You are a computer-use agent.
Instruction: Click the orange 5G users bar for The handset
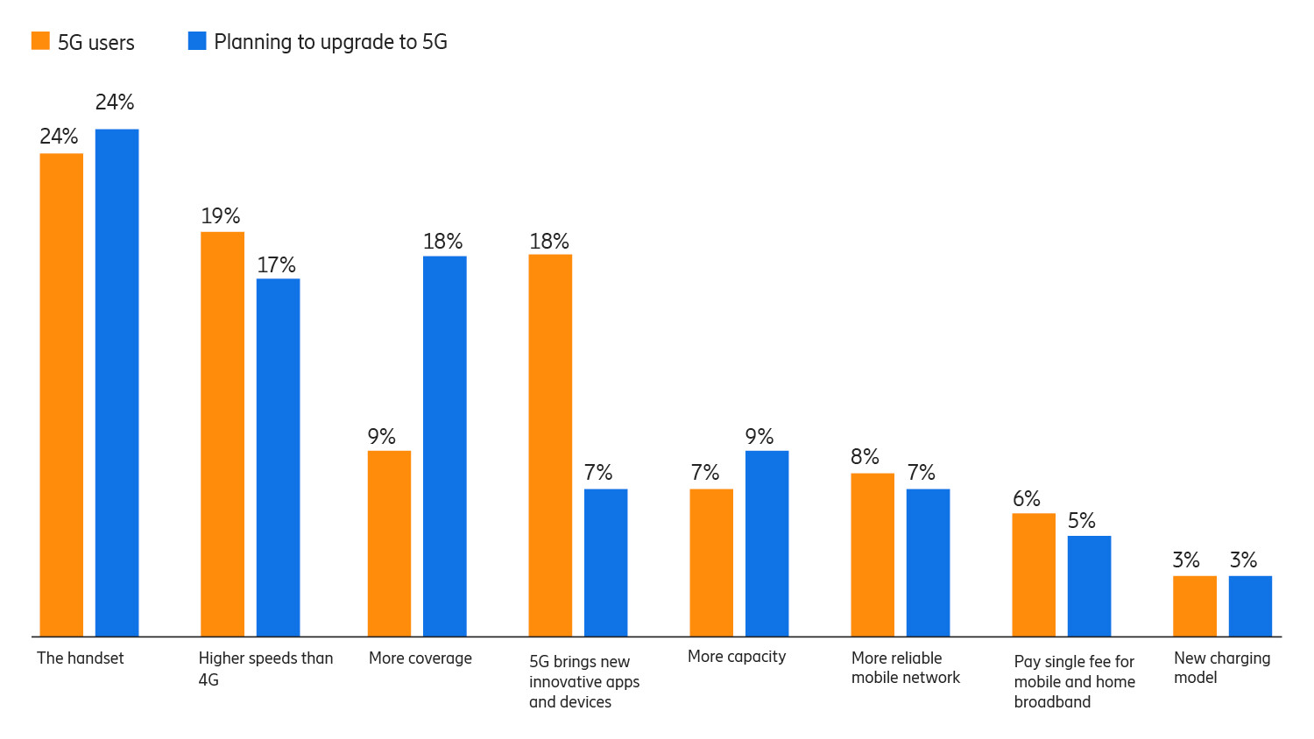tap(61, 394)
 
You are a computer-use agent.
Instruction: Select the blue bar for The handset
tap(117, 383)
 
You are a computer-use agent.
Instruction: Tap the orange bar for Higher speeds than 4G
tap(223, 433)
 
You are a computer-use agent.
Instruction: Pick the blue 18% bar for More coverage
tap(444, 446)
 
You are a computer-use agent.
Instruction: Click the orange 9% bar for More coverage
tap(389, 543)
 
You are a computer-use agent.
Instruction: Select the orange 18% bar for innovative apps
tap(550, 445)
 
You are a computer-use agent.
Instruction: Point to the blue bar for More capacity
tap(766, 543)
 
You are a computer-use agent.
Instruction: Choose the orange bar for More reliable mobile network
tap(872, 554)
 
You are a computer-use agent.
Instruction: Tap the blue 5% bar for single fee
tap(1089, 586)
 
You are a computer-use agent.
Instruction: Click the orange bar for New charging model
tap(1194, 606)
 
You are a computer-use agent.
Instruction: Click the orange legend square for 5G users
tap(40, 41)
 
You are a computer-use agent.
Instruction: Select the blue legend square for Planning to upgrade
tap(197, 41)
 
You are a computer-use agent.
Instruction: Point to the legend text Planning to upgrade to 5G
tap(330, 42)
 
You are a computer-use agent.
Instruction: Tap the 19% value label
tap(220, 215)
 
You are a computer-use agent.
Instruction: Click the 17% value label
tap(276, 264)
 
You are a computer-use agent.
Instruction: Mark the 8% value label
tap(865, 456)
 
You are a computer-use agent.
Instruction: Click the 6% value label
tap(1026, 498)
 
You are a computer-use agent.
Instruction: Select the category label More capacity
tap(737, 657)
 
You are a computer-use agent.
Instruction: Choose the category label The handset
tap(81, 658)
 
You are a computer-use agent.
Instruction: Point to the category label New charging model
tap(1221, 667)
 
